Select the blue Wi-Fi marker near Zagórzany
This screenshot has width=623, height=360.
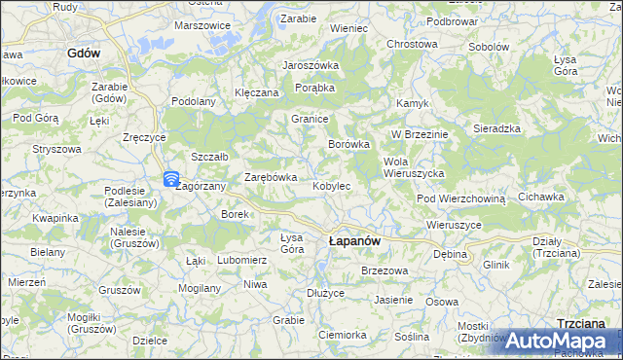coord(170,179)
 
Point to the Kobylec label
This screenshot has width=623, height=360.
coord(331,185)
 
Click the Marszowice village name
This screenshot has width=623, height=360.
coord(202,25)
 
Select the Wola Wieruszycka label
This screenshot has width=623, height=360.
coord(415,166)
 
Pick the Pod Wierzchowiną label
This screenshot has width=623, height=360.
coord(461,198)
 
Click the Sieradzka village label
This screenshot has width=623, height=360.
coord(496,128)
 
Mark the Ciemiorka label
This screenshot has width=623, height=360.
coord(342,334)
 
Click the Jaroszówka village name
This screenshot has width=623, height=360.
coord(310,65)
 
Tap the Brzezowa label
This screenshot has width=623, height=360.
coord(383,270)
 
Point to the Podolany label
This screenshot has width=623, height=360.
coord(193,101)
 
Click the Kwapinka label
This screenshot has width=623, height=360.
coord(55,218)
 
